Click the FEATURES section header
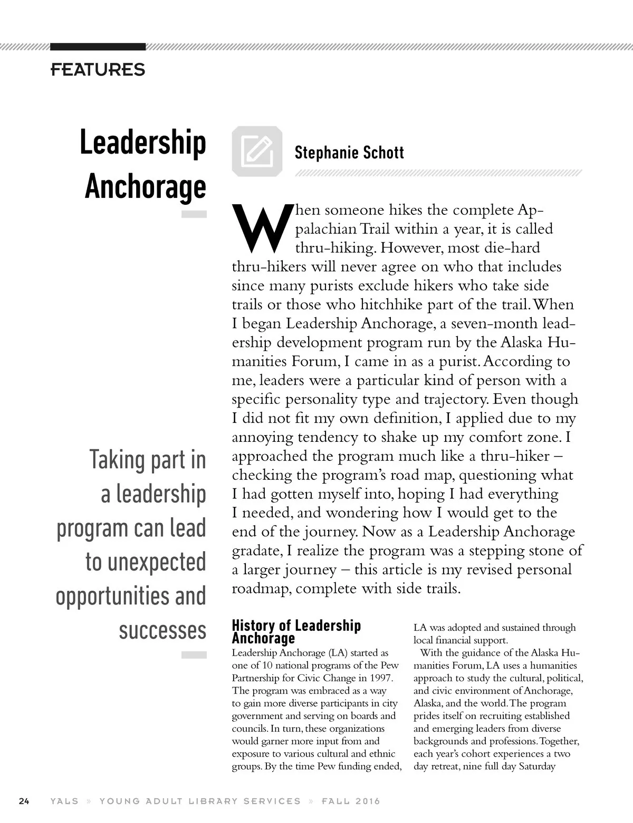[x=98, y=69]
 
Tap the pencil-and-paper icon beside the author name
[x=257, y=150]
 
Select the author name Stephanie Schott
[x=349, y=153]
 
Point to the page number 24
[x=24, y=801]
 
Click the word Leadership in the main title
[x=142, y=143]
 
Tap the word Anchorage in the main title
[x=145, y=186]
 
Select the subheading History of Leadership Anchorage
[x=296, y=632]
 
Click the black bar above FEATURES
[x=98, y=47]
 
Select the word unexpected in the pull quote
[x=146, y=562]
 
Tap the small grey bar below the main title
[x=194, y=214]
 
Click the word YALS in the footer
[x=64, y=801]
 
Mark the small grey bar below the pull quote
[x=194, y=655]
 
